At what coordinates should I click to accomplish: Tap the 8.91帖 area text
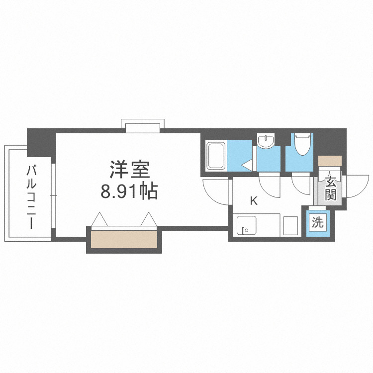[129, 191]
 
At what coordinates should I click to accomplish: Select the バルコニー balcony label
[33, 197]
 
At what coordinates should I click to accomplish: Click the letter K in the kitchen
[254, 201]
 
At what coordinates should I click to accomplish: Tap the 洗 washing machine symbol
[317, 222]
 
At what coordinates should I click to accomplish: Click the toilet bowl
[302, 144]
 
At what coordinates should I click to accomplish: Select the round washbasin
[266, 141]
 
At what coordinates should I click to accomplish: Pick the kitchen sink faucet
[245, 230]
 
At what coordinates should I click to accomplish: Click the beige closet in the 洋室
[124, 239]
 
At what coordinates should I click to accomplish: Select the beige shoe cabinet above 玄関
[330, 160]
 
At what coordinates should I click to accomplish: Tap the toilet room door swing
[302, 184]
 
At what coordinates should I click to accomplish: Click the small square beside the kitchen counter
[290, 225]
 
